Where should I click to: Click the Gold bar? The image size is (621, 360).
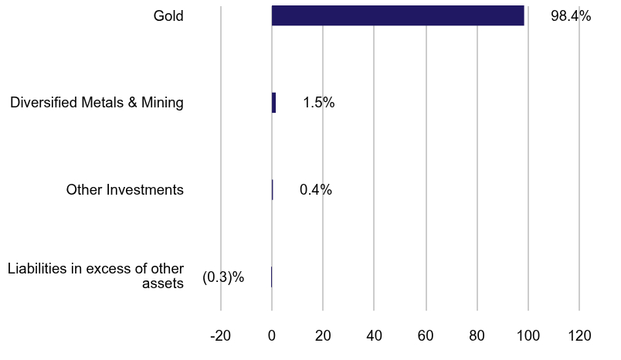click(x=398, y=15)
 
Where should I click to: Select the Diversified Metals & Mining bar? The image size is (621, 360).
click(x=273, y=103)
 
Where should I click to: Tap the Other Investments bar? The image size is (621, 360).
click(x=273, y=190)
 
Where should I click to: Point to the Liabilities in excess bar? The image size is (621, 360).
click(x=271, y=277)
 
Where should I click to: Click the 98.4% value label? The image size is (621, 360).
click(x=571, y=15)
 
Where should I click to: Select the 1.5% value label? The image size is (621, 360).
click(x=318, y=103)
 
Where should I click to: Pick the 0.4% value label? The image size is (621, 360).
click(x=315, y=190)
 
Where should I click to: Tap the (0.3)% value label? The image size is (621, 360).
click(x=223, y=277)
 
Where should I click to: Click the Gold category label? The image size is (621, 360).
click(x=168, y=15)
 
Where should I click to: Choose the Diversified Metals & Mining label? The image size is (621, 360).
click(x=97, y=103)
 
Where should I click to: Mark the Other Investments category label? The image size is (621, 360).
click(x=124, y=190)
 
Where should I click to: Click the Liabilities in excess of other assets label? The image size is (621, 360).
click(x=96, y=276)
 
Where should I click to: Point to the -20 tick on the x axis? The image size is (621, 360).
click(x=221, y=336)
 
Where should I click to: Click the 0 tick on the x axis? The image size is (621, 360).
click(x=272, y=336)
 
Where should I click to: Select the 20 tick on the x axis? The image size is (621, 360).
click(x=323, y=336)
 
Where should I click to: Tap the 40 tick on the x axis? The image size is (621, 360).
click(x=374, y=336)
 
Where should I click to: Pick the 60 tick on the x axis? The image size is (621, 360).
click(x=426, y=336)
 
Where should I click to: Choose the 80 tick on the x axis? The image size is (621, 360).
click(x=477, y=336)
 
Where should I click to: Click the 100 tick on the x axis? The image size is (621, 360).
click(x=528, y=336)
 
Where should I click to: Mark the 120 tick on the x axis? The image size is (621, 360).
click(x=579, y=336)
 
